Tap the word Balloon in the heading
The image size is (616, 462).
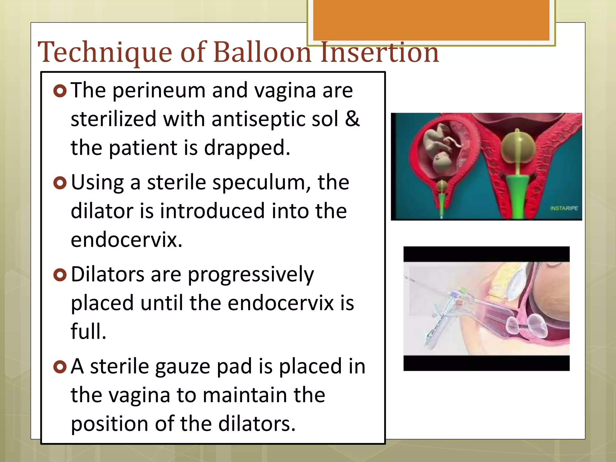tap(262, 53)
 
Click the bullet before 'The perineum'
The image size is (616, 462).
tap(60, 91)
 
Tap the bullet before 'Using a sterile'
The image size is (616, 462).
tap(60, 183)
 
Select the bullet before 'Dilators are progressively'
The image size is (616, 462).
tap(60, 275)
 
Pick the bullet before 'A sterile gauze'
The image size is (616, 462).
tap(60, 367)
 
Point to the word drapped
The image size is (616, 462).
tap(247, 148)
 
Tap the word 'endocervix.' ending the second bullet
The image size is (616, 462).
tap(127, 240)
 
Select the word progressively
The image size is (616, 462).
tap(251, 275)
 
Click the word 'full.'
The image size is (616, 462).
tap(88, 331)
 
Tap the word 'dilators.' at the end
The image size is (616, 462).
tap(257, 424)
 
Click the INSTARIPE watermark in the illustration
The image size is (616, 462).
tap(564, 208)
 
